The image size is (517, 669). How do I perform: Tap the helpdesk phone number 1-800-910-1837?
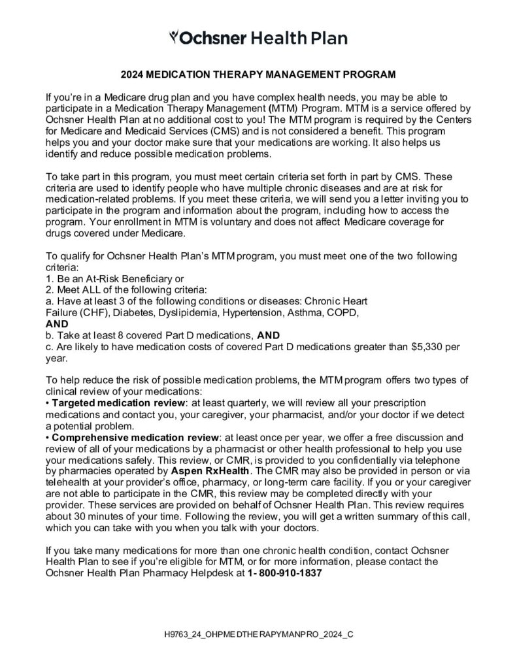pos(285,573)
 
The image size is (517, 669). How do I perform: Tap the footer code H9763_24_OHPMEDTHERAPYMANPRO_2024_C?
pos(259,634)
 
